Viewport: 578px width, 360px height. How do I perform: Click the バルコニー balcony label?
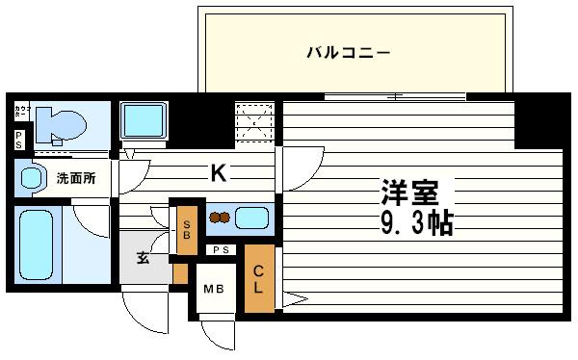click(x=349, y=52)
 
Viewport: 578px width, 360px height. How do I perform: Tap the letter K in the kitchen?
click(x=220, y=173)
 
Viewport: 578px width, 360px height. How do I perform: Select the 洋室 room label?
click(x=408, y=193)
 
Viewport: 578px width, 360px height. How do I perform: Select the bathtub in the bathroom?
click(x=38, y=245)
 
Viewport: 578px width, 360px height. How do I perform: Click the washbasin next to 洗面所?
click(x=31, y=177)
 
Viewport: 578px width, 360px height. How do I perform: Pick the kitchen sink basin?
click(x=251, y=218)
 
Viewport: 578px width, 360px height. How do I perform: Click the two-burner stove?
click(x=220, y=218)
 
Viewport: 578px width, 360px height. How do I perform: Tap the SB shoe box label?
click(x=188, y=227)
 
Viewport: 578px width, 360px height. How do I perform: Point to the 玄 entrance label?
click(x=143, y=257)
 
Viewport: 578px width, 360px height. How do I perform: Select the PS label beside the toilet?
click(x=19, y=139)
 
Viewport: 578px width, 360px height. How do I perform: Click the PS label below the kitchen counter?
click(x=221, y=250)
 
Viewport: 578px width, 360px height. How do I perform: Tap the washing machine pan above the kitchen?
click(x=144, y=123)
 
